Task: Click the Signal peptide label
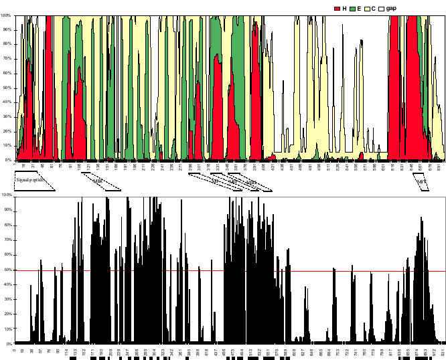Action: (x=30, y=180)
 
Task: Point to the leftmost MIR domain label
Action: (x=98, y=181)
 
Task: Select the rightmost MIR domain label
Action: (x=421, y=181)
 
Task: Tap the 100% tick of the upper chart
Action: (x=7, y=15)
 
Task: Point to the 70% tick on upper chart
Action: (x=7, y=58)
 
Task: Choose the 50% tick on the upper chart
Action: (x=7, y=88)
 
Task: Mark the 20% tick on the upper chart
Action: (x=7, y=131)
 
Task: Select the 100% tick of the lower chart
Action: (x=7, y=195)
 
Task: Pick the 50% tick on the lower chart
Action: (x=7, y=270)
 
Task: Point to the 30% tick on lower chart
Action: (x=7, y=300)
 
